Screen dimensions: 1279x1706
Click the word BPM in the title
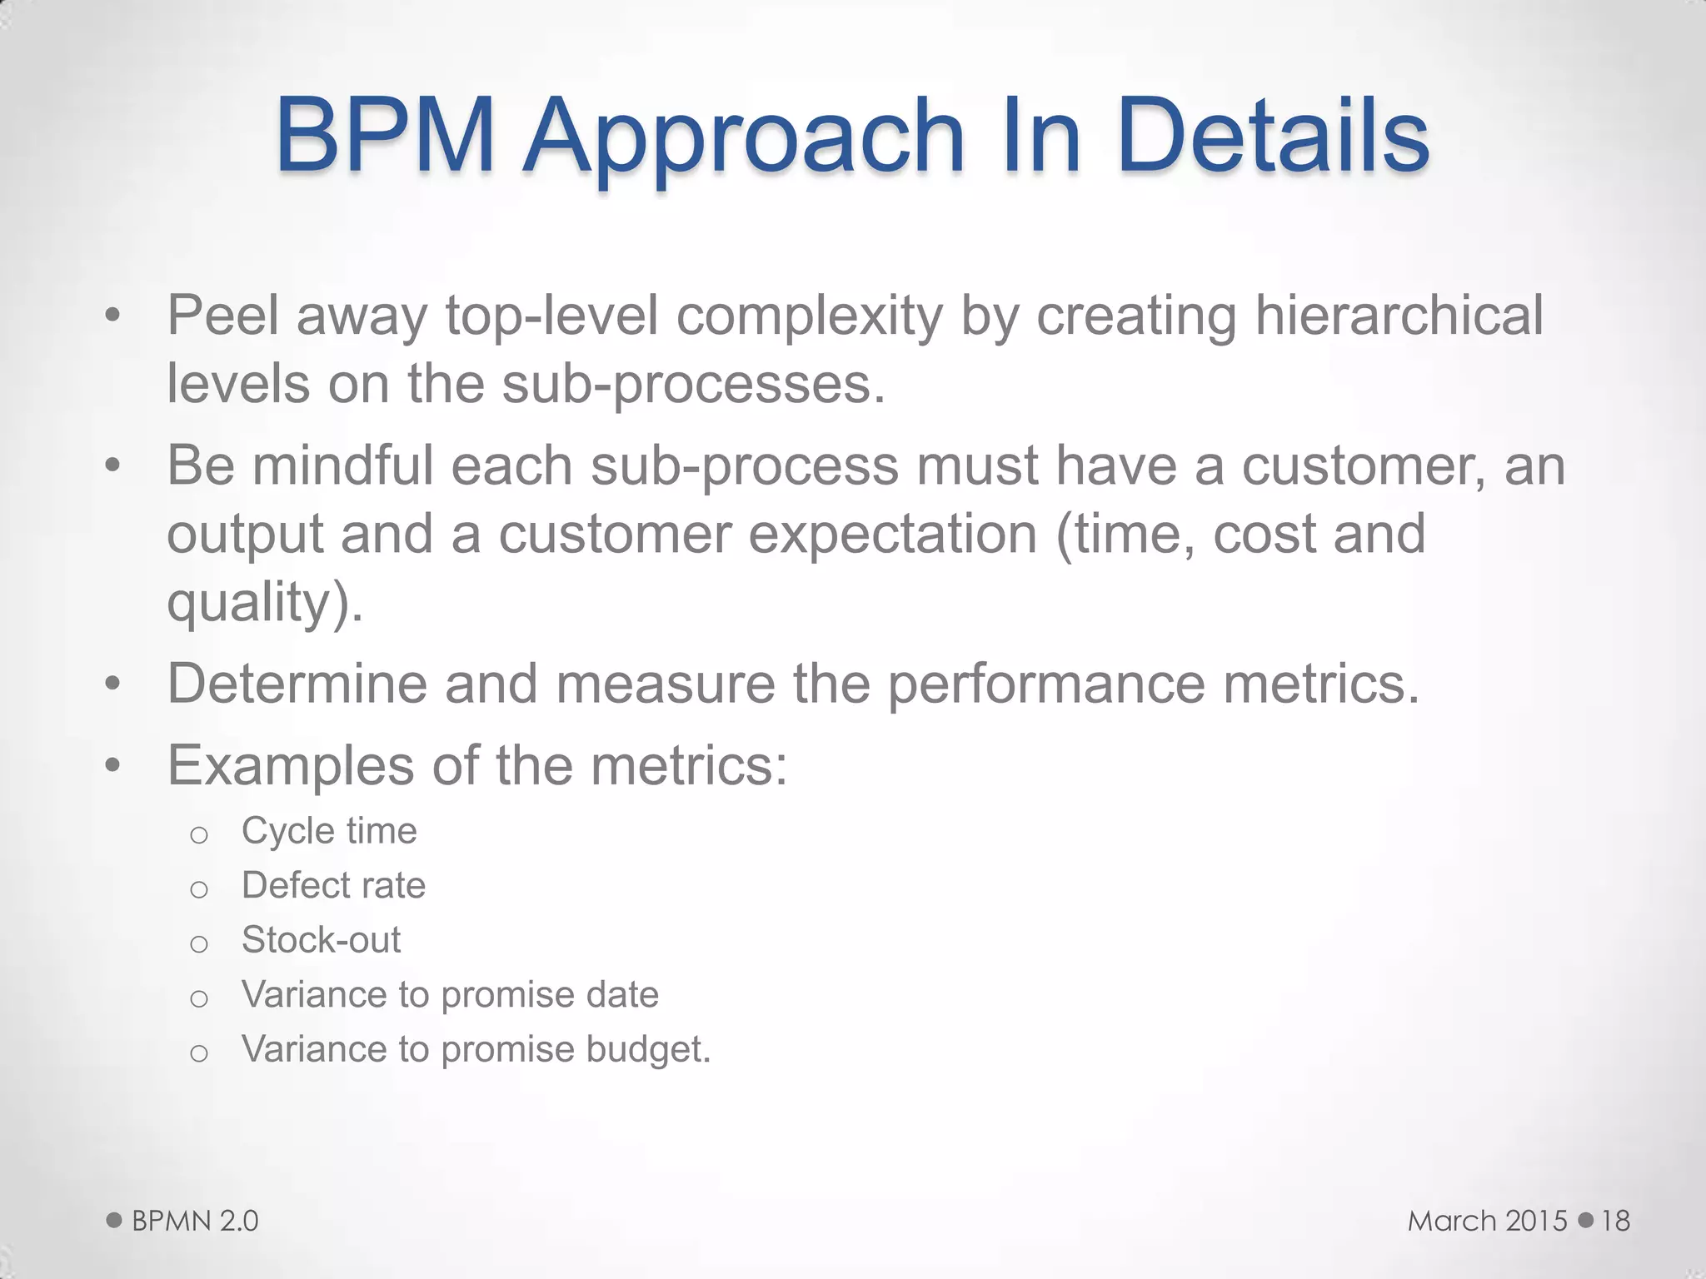click(385, 135)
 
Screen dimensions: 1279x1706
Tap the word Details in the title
click(1274, 135)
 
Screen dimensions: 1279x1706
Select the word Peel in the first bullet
click(222, 316)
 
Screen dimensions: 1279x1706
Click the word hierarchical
click(1399, 316)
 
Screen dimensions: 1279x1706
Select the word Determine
click(296, 684)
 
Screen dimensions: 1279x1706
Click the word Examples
click(290, 765)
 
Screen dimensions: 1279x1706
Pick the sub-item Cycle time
click(329, 831)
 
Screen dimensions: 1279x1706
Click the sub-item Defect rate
click(333, 885)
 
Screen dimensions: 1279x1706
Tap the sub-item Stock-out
click(321, 940)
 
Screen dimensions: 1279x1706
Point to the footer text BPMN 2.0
click(195, 1221)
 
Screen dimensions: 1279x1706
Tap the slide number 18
click(1615, 1221)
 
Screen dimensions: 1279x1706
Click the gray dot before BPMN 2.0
click(114, 1221)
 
